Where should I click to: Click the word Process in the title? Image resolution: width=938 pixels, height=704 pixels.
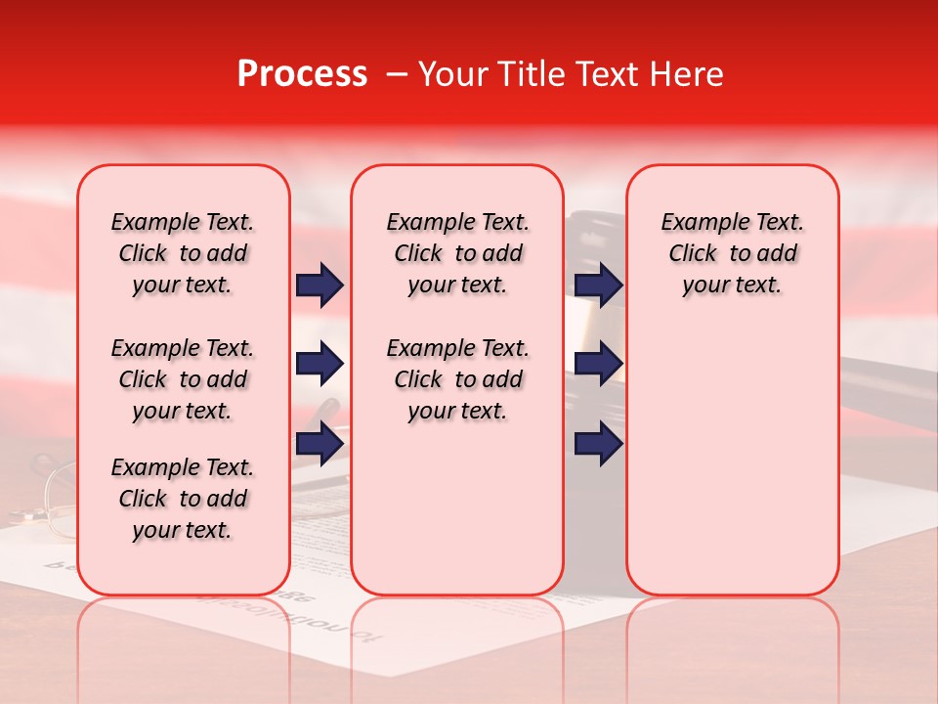(x=302, y=74)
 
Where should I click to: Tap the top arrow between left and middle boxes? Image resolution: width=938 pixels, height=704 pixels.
(x=320, y=285)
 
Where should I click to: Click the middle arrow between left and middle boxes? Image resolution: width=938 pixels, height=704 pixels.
(x=320, y=365)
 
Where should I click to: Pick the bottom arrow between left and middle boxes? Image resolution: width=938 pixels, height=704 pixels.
(x=320, y=443)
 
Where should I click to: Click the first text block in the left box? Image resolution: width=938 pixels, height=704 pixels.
(x=183, y=253)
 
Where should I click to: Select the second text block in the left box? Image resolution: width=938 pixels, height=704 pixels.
(x=183, y=379)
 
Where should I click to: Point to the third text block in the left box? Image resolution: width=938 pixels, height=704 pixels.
(x=183, y=499)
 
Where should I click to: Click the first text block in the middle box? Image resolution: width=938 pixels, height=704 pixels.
(x=457, y=253)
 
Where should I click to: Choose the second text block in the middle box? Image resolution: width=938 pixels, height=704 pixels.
(x=457, y=379)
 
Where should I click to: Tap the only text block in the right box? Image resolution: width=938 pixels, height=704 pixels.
(x=732, y=253)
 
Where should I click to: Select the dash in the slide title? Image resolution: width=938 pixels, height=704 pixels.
(x=395, y=74)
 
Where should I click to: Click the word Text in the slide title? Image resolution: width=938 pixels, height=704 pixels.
(x=601, y=74)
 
